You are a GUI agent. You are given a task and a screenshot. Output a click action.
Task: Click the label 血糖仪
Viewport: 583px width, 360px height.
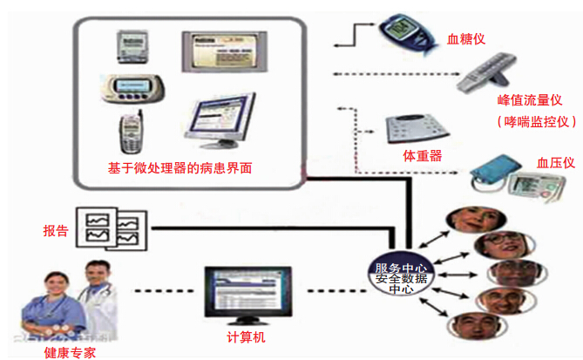coord(466,39)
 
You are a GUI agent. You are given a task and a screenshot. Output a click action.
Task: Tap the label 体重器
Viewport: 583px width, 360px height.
coord(422,156)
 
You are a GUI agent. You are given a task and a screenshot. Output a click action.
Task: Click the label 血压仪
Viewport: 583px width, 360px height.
coord(556,162)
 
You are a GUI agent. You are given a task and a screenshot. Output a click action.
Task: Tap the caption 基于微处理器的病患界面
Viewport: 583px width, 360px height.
coord(180,166)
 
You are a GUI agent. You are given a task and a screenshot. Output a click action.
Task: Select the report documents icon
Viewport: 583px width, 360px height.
coord(110,226)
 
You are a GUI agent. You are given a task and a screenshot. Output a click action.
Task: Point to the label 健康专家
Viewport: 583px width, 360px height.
coord(69,352)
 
